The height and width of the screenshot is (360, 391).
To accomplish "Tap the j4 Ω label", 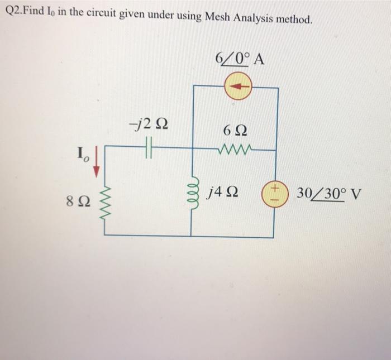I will click(x=222, y=193).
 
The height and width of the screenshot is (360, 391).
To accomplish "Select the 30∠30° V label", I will click(x=330, y=194).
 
